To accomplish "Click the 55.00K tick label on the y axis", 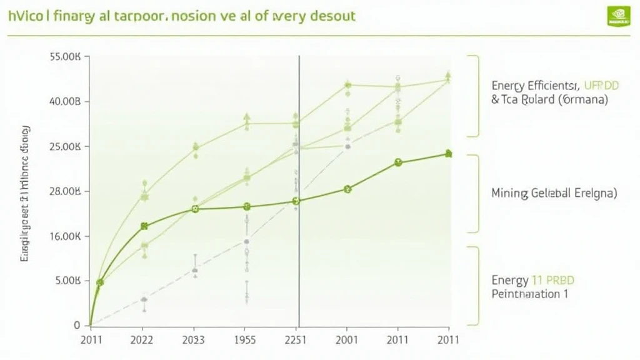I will point(65,57).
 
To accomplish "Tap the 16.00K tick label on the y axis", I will point(66,237).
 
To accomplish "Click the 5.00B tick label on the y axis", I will point(67,281).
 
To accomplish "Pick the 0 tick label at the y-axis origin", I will point(77,326).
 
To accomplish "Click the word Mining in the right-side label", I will point(509,193).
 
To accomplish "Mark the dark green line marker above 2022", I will point(144,226).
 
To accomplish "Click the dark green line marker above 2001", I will point(348,189).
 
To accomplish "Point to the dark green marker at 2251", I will point(297,201).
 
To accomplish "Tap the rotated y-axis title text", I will point(26,192).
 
